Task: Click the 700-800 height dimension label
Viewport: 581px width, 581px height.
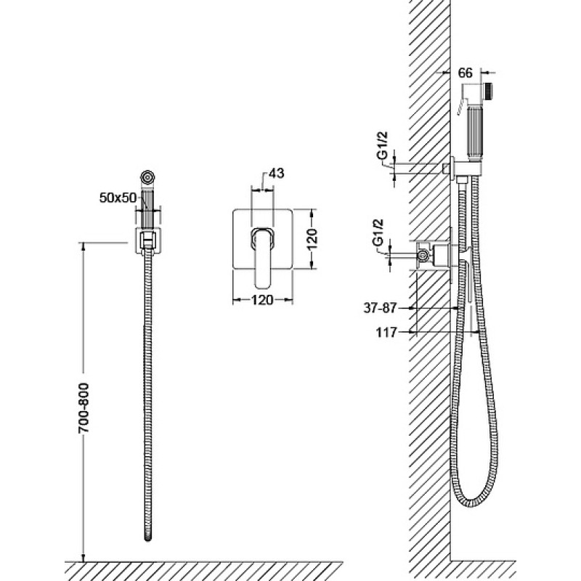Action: [84, 407]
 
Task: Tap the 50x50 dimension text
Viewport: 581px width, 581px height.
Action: [118, 198]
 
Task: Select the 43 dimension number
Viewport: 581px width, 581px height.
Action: [276, 173]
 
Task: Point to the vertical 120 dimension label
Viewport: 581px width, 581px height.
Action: [312, 239]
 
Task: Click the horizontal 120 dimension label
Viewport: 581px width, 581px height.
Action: [262, 300]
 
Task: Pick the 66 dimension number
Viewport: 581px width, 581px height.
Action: [466, 73]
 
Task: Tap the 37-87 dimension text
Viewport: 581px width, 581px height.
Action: [380, 308]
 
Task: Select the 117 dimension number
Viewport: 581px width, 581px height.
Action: [386, 333]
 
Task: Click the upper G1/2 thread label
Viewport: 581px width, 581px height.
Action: [383, 145]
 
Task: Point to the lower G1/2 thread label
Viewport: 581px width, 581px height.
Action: [377, 232]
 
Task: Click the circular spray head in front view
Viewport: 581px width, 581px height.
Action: [148, 176]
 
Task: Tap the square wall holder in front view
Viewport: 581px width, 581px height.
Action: [148, 241]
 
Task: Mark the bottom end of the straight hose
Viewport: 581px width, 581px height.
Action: [148, 539]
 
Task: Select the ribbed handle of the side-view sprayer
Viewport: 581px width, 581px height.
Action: [475, 133]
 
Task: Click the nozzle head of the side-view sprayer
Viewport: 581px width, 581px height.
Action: [489, 92]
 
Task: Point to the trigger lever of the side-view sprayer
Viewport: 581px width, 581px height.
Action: [462, 106]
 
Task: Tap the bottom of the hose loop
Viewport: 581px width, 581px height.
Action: [473, 505]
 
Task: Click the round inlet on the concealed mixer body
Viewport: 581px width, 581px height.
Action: [423, 255]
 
